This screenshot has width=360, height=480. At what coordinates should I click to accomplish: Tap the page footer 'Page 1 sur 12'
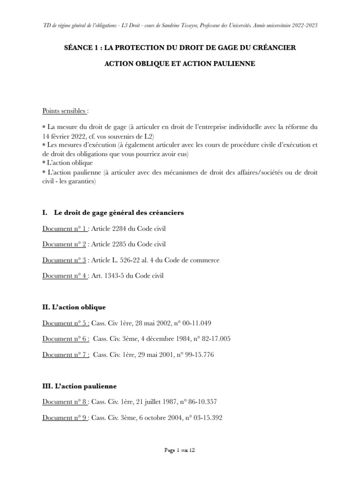tap(180, 450)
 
